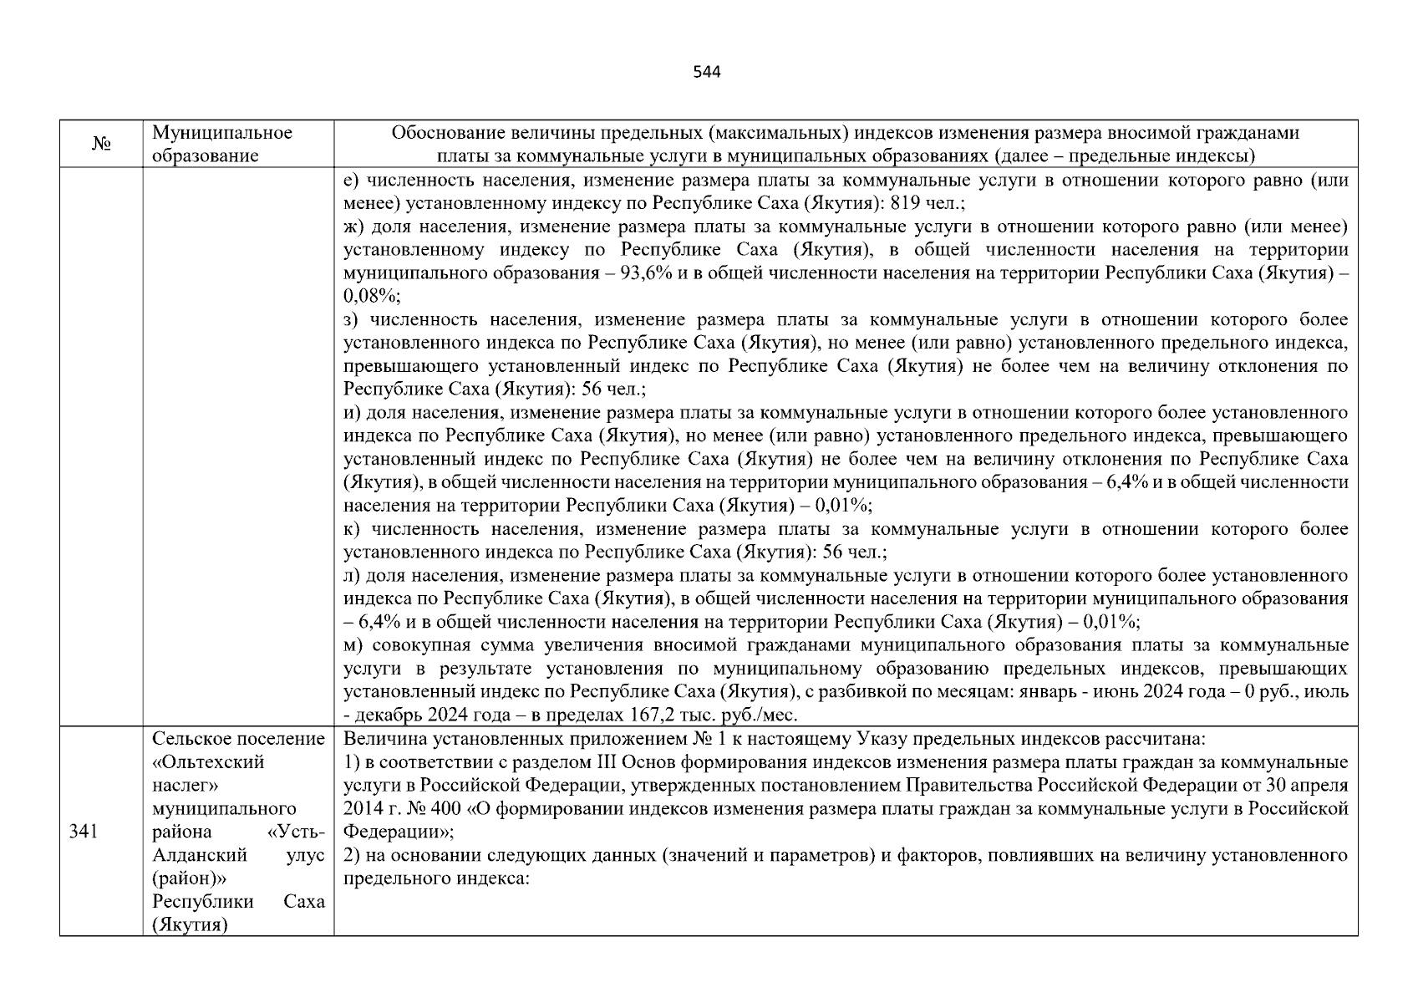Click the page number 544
pyautogui.click(x=707, y=72)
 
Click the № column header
pyautogui.click(x=101, y=144)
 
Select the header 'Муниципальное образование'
pyautogui.click(x=222, y=144)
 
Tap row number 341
pyautogui.click(x=84, y=832)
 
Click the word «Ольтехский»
pyautogui.click(x=208, y=762)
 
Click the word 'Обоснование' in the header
pyautogui.click(x=440, y=133)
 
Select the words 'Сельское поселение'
pyautogui.click(x=238, y=739)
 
